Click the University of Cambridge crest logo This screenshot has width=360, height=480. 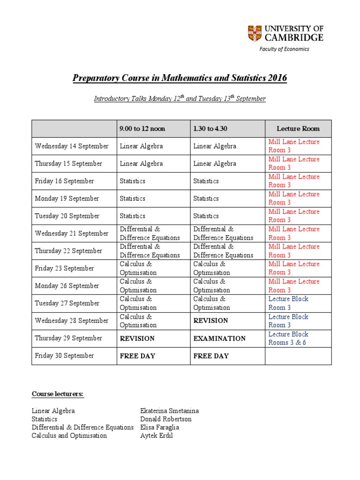coord(255,33)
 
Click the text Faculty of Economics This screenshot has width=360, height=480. coord(285,49)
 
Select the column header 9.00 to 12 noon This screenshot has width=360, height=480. coord(142,128)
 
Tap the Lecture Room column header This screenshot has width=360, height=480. coord(298,128)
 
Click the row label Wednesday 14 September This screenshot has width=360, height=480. coord(71,146)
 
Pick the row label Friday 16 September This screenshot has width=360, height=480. coord(64,181)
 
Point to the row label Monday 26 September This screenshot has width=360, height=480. coord(67,285)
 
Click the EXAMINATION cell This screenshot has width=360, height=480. coord(219,338)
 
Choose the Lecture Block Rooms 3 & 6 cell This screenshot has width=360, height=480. coord(288,338)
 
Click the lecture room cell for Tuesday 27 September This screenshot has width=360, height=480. coord(288,303)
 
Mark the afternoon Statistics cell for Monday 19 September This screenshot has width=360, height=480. coord(206,198)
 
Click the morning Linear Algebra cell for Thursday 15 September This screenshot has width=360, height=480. coord(141,164)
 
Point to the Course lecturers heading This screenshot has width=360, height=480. coord(57,394)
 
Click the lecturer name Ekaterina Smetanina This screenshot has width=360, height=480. coord(169,411)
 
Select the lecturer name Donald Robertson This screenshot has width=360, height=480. coord(165,419)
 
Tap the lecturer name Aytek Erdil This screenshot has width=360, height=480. coord(156,435)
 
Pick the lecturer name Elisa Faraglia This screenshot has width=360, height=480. coord(159,427)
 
